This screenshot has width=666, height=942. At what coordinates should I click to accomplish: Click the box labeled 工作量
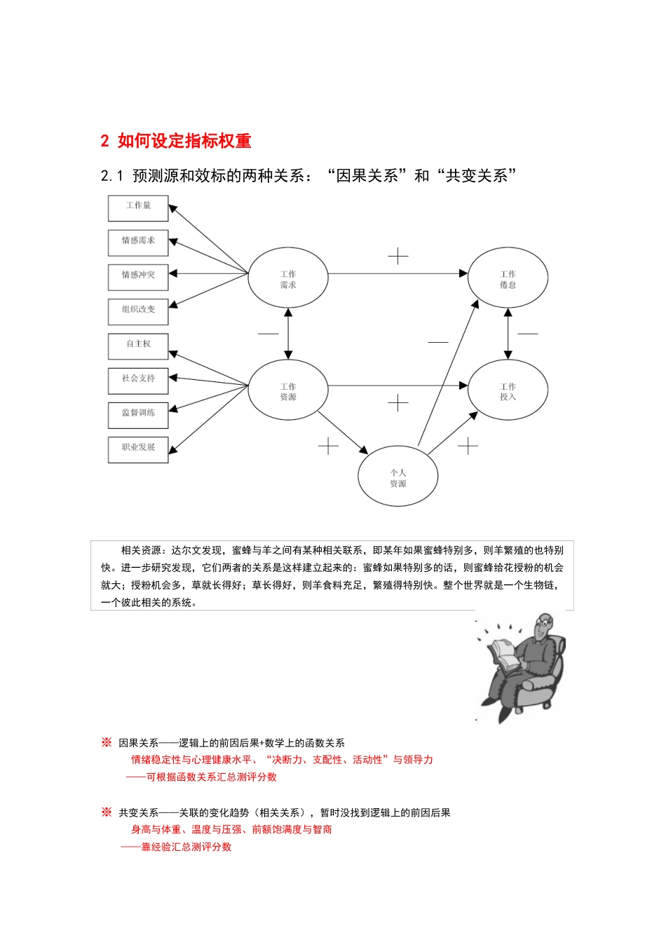[x=138, y=207]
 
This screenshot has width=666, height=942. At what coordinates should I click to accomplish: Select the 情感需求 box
[x=138, y=241]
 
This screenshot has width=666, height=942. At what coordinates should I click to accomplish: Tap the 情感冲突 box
[x=138, y=275]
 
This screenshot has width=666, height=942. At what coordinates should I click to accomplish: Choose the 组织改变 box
[x=138, y=310]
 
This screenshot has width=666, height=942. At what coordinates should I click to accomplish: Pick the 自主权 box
[x=138, y=345]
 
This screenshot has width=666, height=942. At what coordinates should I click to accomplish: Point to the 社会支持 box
[x=138, y=379]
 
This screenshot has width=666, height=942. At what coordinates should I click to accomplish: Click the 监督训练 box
[x=138, y=414]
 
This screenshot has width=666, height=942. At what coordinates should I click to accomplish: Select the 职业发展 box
[x=138, y=449]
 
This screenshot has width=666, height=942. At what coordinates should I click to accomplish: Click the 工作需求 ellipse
[x=288, y=278]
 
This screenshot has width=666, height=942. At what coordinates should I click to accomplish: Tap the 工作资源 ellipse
[x=288, y=390]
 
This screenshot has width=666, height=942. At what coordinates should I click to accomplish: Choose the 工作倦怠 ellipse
[x=508, y=278]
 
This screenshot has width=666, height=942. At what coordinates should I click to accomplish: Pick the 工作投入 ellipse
[x=508, y=390]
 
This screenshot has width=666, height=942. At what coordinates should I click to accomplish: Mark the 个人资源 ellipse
[x=397, y=477]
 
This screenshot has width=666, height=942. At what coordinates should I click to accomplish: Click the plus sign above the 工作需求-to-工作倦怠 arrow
[x=397, y=256]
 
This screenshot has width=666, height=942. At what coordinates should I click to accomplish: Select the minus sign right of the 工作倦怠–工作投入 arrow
[x=528, y=334]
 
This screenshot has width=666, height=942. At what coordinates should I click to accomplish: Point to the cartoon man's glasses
[x=544, y=623]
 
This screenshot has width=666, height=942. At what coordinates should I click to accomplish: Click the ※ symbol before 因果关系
[x=107, y=742]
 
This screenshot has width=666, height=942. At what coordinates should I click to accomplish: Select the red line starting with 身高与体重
[x=231, y=830]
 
